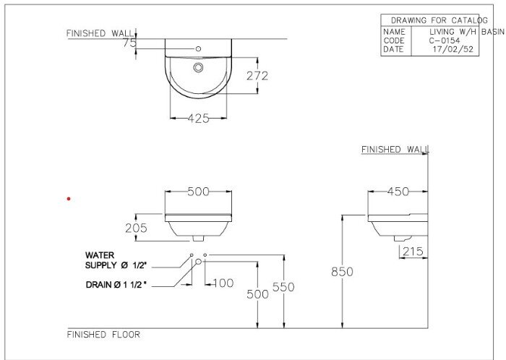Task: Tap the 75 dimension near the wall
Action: (129, 43)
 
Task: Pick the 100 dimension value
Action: (222, 283)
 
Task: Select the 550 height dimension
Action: (283, 287)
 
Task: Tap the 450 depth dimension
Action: (398, 192)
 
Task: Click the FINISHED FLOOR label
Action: (103, 335)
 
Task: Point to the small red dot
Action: (69, 198)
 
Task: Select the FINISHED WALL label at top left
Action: (100, 33)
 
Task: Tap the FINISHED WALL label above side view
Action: (395, 149)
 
